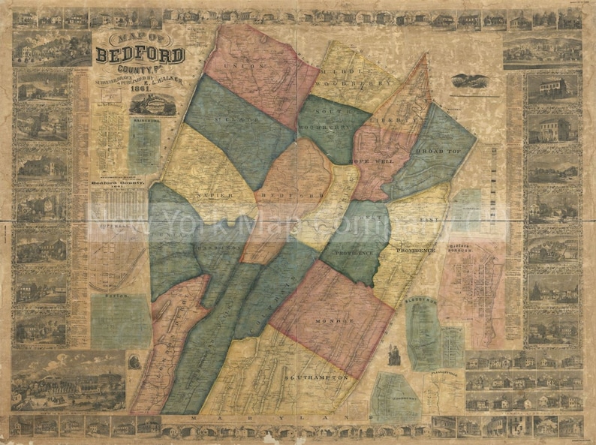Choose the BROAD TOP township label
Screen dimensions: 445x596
pos(439,151)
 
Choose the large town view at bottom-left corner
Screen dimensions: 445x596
pos(59,381)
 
